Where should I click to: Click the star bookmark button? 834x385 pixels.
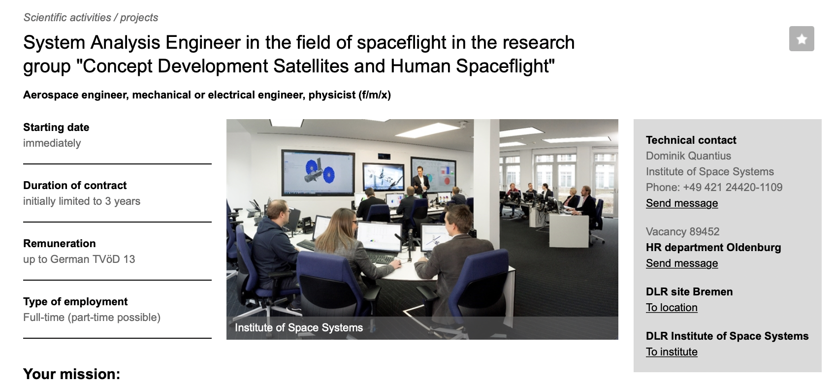(801, 39)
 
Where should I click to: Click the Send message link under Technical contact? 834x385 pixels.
(682, 203)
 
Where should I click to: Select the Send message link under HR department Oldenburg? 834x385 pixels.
(682, 263)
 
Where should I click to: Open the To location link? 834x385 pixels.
(672, 307)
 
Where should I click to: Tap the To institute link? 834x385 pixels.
(672, 352)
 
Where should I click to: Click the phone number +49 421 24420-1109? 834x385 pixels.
(733, 187)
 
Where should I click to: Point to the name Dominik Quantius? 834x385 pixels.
(688, 156)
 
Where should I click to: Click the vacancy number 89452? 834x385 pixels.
(704, 231)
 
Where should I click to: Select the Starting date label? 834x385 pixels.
(56, 128)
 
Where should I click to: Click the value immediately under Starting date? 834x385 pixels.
(52, 143)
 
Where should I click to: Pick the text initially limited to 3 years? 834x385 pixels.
(82, 201)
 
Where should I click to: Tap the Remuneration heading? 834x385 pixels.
(60, 244)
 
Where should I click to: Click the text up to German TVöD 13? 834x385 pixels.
(79, 259)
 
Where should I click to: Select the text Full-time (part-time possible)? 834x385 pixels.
(92, 317)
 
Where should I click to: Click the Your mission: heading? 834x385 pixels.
(71, 374)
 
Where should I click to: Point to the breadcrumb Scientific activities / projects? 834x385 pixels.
(91, 18)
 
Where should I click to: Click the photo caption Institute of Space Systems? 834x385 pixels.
(299, 328)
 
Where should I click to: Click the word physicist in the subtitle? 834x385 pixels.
(332, 95)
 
